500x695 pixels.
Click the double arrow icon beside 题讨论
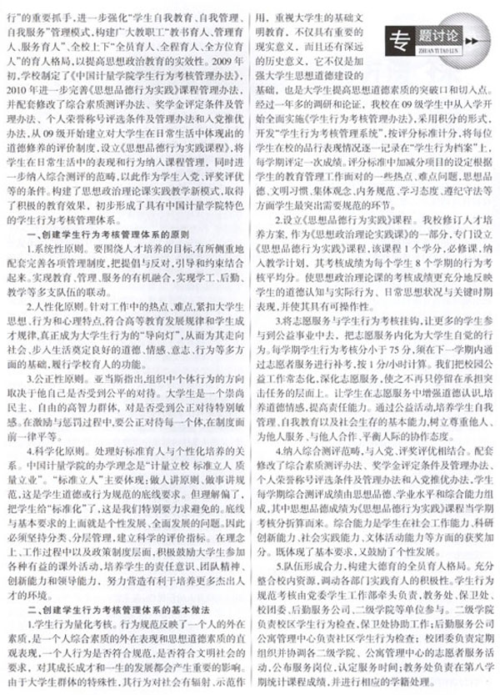point(474,38)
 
